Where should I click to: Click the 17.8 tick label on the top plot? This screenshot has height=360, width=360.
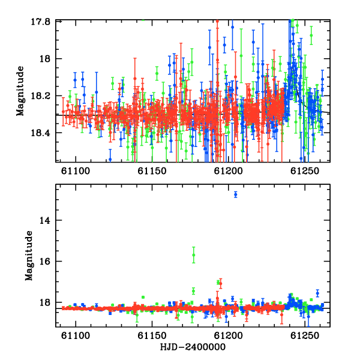[40, 22]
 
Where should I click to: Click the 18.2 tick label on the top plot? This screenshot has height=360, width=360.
[40, 96]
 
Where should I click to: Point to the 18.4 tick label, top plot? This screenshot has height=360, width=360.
[40, 133]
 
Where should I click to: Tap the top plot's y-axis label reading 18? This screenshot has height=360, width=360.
[45, 59]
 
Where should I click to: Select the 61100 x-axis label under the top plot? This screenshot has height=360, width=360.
[76, 171]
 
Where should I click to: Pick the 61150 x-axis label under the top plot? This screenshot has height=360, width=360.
[152, 171]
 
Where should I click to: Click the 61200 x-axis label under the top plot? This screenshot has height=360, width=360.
[228, 171]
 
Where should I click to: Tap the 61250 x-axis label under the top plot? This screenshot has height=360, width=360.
[305, 171]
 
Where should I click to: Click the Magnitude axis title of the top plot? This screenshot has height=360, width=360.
[20, 91]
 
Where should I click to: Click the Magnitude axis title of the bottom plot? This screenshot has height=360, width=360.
[29, 256]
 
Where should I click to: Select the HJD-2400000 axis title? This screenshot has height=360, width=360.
[193, 347]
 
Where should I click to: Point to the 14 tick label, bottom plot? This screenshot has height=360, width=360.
[45, 220]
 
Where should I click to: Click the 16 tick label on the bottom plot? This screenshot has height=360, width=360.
[45, 261]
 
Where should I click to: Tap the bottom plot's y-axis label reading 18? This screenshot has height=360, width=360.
[45, 302]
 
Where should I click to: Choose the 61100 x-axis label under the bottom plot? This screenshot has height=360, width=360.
[76, 335]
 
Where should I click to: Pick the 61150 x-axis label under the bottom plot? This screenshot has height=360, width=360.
[152, 335]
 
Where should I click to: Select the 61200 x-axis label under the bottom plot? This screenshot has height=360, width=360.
[228, 335]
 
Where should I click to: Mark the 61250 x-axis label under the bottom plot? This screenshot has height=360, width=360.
[305, 335]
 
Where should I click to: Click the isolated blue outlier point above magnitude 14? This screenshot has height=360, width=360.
[236, 194]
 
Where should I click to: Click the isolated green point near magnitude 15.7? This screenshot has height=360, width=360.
[194, 255]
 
